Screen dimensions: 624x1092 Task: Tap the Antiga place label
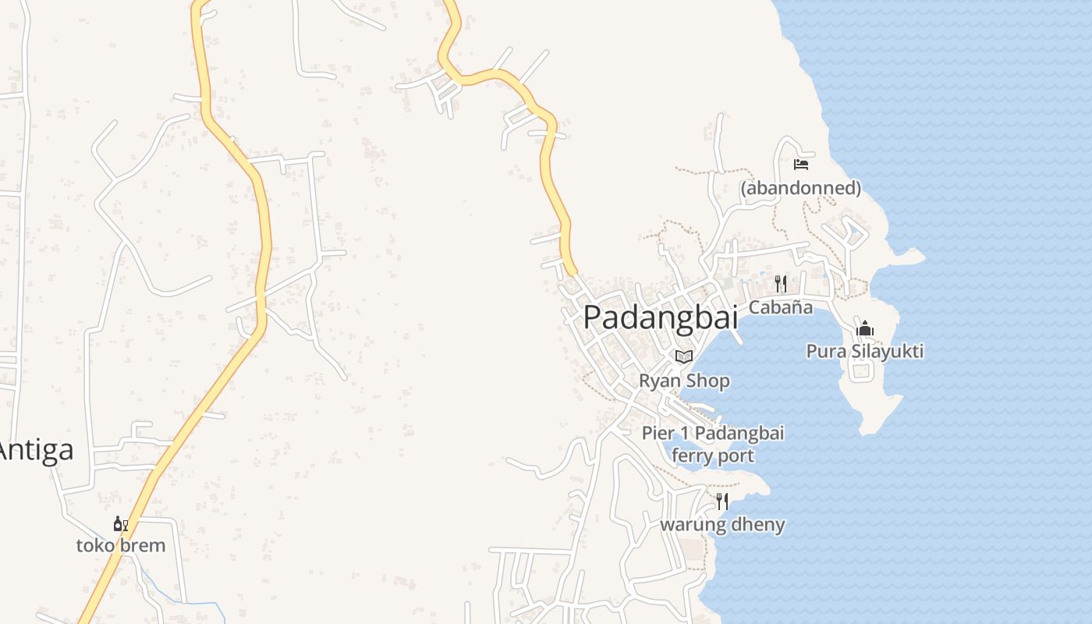(37, 450)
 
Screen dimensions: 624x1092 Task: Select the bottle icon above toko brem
(120, 524)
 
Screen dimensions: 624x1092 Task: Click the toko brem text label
(121, 545)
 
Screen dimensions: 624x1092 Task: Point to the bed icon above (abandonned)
(800, 165)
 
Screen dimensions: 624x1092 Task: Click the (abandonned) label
(800, 188)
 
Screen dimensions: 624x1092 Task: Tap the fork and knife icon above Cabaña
(780, 283)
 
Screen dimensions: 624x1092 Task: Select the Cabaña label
(780, 307)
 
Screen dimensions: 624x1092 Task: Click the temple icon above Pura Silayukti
(864, 328)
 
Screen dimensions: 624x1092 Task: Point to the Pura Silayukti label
(864, 352)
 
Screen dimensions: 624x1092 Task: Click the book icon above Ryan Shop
(684, 356)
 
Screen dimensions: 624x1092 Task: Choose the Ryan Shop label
(684, 381)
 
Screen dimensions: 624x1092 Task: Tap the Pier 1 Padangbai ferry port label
(712, 444)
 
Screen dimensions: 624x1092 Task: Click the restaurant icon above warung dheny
(722, 501)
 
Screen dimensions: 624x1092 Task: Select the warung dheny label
(722, 524)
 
